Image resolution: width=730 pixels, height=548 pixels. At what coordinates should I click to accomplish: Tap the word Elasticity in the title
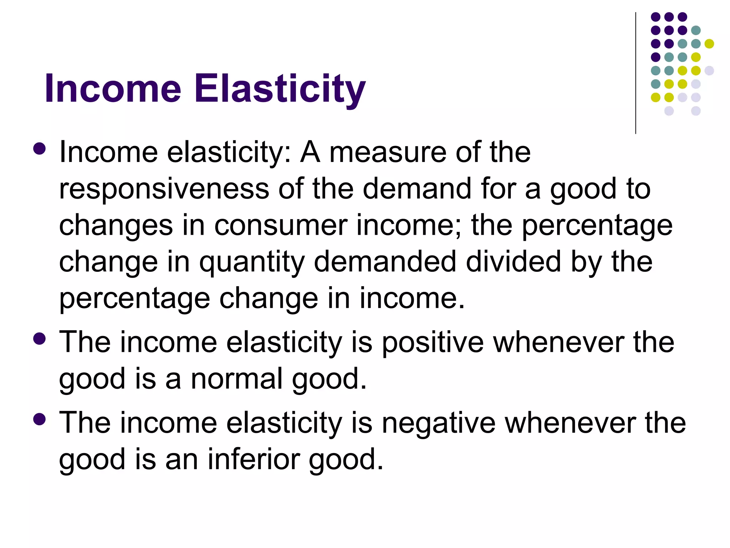click(x=280, y=88)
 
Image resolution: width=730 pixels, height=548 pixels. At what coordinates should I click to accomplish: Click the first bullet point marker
click(x=39, y=149)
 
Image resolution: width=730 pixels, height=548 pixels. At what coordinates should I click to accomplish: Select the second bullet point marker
click(x=39, y=339)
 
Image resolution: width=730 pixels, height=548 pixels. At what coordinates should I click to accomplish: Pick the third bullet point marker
click(x=39, y=419)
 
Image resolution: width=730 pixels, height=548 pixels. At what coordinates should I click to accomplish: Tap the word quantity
click(x=252, y=262)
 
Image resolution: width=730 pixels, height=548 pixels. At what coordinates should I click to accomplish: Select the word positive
click(x=433, y=342)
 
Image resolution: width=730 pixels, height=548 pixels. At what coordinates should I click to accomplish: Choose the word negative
click(x=438, y=423)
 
